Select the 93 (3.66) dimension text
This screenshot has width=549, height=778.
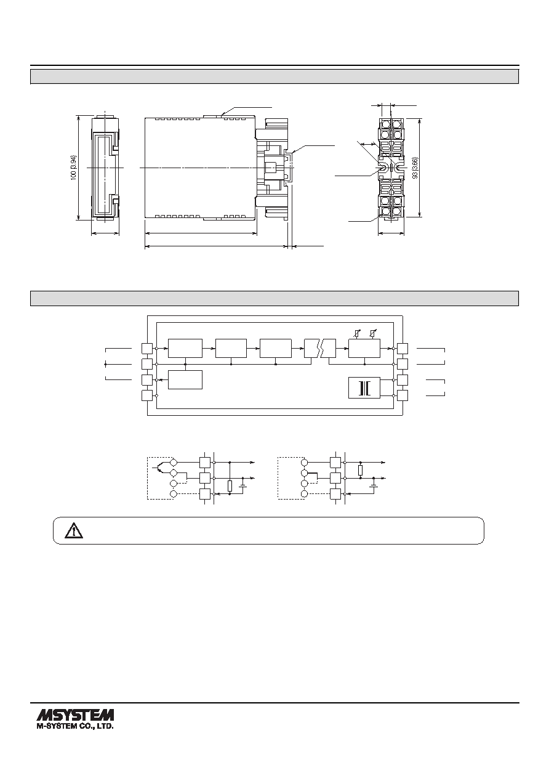tap(415, 168)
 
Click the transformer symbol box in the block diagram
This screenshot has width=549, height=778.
tap(364, 387)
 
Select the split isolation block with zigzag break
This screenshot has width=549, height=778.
tap(320, 348)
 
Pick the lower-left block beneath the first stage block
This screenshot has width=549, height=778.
tap(185, 379)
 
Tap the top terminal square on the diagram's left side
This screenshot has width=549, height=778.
tap(147, 349)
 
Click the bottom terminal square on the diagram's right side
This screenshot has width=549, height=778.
tap(403, 395)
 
